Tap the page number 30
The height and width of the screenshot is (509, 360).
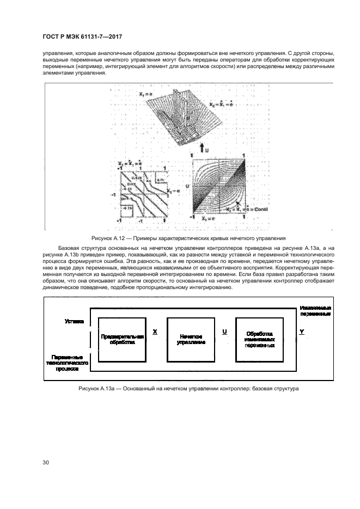pos(46,463)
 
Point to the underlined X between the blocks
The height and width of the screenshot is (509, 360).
pos(155,331)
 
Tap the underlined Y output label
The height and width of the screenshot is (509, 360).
pos(302,331)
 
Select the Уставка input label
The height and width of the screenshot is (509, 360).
pos(74,322)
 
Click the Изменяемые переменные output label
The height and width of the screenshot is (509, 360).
pos(315,311)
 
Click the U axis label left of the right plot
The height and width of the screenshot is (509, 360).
pos(187,186)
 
